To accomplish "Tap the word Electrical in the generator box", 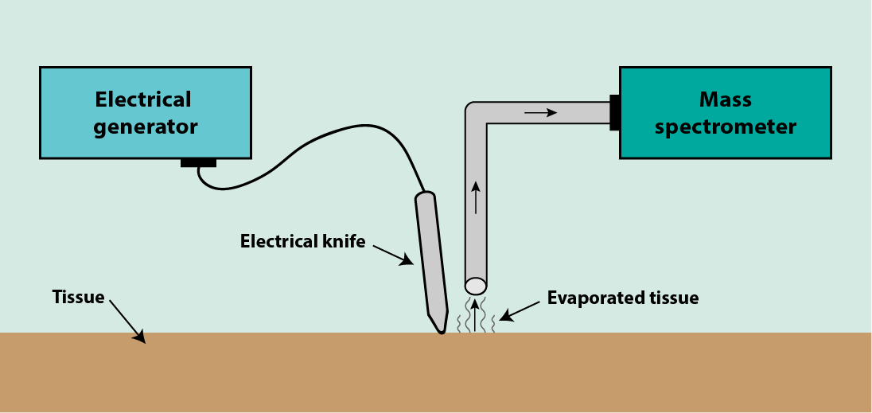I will coord(143,99).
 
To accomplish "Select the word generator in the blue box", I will coord(146,127).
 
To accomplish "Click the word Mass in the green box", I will coord(725,99).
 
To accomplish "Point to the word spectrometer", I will coord(725,127).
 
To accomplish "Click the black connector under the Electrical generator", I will coord(198,162).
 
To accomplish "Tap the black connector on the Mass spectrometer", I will coord(614,112).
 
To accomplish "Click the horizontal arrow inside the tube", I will coord(540,113).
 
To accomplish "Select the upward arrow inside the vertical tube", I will coord(476,197).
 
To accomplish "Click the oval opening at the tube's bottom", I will coord(476,285).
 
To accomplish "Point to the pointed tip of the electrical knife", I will coord(440,329).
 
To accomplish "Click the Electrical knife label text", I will coord(302,241).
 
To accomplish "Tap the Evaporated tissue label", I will coord(623,298).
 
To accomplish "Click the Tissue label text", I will coord(78,297).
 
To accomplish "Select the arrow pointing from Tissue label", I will coord(127,321).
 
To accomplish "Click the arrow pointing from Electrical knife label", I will coord(393,255).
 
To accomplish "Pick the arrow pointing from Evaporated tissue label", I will coord(518,310).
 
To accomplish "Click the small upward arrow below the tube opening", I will coord(476,314).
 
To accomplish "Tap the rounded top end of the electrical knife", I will coord(425,196).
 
